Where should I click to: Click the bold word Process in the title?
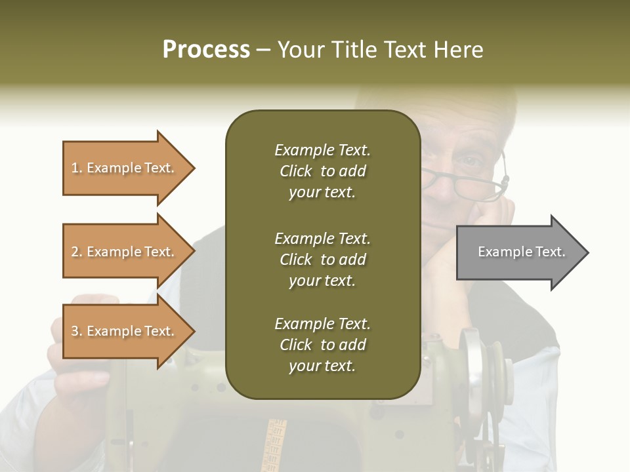pyautogui.click(x=206, y=50)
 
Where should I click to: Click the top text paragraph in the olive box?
pyautogui.click(x=322, y=171)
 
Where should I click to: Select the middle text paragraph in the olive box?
pyautogui.click(x=322, y=259)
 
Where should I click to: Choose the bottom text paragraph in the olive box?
pyautogui.click(x=322, y=345)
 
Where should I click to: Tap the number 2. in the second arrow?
pyautogui.click(x=77, y=252)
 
